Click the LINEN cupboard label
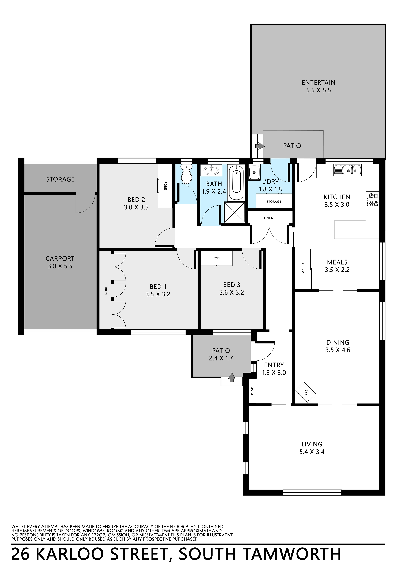(269, 218)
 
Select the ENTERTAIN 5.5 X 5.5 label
(318, 86)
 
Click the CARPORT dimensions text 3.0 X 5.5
(60, 266)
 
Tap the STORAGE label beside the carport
(60, 179)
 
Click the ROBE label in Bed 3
(217, 258)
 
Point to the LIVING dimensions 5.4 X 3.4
(312, 452)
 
